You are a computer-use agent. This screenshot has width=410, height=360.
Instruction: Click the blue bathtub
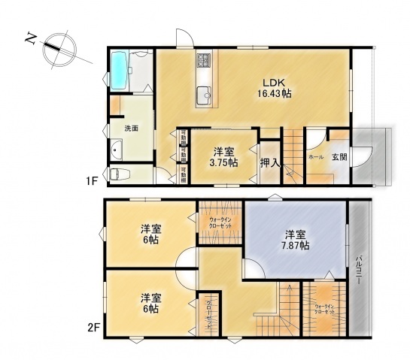[x=121, y=71]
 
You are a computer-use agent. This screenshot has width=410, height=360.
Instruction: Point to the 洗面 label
[x=131, y=129]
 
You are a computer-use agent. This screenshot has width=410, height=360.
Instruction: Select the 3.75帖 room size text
[x=223, y=162]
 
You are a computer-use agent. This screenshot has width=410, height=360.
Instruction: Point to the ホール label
[x=315, y=158]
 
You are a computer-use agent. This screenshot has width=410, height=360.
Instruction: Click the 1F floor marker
[x=91, y=181]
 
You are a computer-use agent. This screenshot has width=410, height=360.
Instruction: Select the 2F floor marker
[x=93, y=328]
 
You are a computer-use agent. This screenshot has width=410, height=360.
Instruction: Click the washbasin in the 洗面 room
[x=114, y=151]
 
